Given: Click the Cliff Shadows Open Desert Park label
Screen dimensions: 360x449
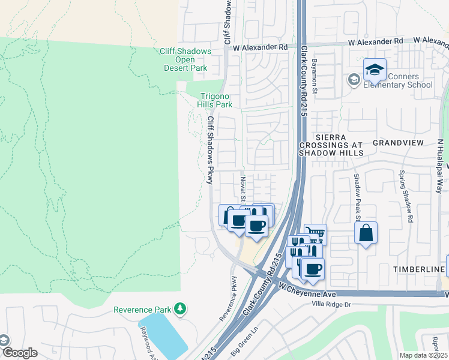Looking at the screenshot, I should (x=185, y=59).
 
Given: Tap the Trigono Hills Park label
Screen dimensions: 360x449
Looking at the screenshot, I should (x=215, y=100).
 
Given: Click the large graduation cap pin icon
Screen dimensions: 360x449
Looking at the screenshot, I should (x=375, y=70).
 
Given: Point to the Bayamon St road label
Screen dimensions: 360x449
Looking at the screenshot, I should (x=314, y=76).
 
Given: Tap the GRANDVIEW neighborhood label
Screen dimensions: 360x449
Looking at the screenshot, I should (x=398, y=142).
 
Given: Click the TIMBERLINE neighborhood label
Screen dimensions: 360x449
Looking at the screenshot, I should (x=418, y=270).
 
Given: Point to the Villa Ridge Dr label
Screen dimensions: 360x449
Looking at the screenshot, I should (x=331, y=305).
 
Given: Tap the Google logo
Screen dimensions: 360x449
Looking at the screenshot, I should (x=19, y=353).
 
